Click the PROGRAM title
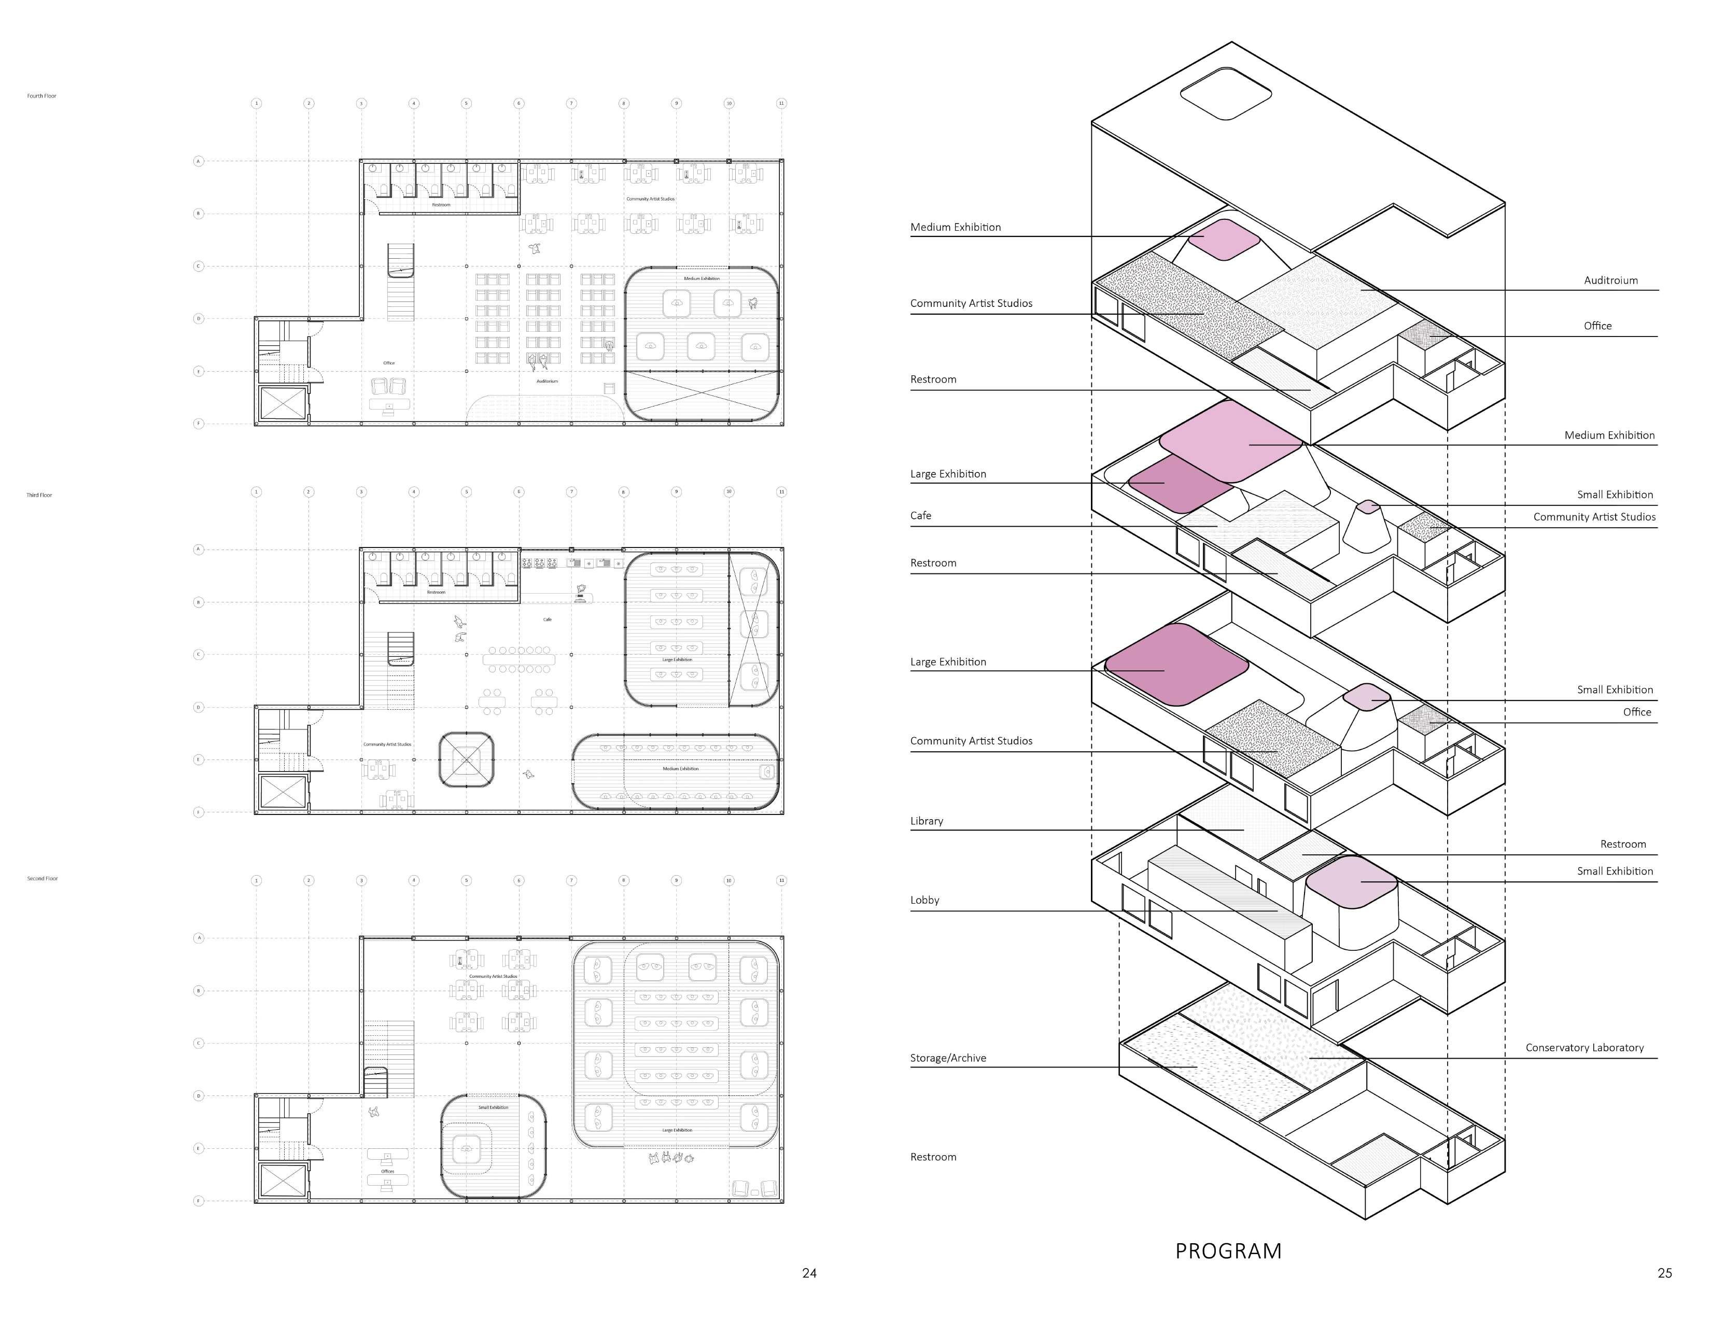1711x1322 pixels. [1228, 1251]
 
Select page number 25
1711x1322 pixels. [1665, 1273]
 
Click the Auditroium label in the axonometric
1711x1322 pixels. [1610, 280]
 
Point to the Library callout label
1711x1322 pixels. [927, 821]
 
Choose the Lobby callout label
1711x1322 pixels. [924, 900]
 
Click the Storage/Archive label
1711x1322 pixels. [948, 1058]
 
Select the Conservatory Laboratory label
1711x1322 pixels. [1584, 1048]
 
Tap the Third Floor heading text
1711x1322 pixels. [39, 495]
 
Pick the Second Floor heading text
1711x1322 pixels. [43, 879]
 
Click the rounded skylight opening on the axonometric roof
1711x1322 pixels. [1225, 94]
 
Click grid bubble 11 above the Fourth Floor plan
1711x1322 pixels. [781, 103]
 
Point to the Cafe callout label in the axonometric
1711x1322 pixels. [920, 515]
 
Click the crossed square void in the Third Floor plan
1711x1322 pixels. [466, 760]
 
